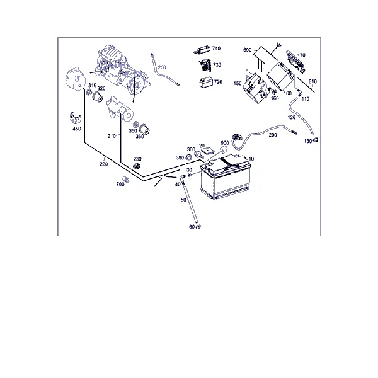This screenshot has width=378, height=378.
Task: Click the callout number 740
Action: coord(216,49)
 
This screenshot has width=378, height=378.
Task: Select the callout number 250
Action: coord(162,67)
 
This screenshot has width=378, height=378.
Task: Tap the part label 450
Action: coord(77,129)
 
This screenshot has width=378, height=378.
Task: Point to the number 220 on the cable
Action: coord(104,164)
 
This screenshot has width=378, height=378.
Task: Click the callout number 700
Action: coord(120,184)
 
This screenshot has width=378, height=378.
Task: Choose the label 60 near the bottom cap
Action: coord(192,227)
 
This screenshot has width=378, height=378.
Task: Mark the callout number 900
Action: coord(225,143)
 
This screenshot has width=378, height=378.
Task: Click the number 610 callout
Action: coord(312,81)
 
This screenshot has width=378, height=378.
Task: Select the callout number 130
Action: coord(308,141)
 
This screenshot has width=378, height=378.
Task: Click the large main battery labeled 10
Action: coord(226,177)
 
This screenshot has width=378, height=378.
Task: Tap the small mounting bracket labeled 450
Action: coord(75,118)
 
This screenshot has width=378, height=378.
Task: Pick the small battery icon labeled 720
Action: coord(206,83)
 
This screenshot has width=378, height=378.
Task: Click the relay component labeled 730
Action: coord(205,66)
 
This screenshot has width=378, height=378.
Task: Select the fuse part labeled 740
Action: coord(202,50)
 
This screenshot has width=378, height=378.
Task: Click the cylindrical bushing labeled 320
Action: coord(98,97)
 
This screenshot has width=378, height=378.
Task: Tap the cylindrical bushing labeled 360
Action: coord(145,129)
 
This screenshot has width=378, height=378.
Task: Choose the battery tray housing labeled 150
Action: coord(255,87)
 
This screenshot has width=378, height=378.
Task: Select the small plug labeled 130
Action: coord(316,140)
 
